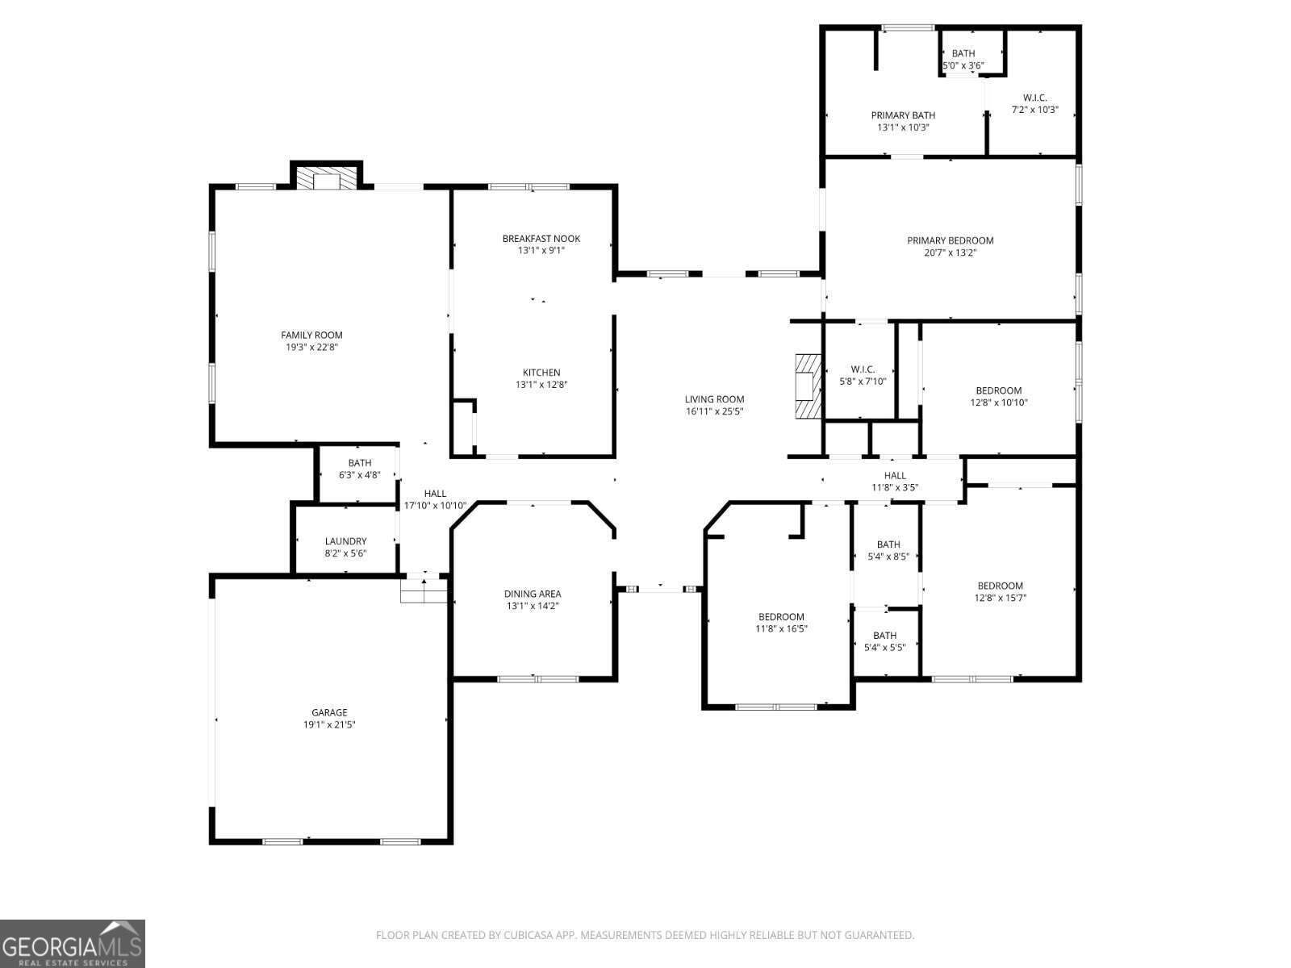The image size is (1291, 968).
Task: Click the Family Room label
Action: pyautogui.click(x=311, y=335)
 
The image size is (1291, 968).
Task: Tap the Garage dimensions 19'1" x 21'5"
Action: pyautogui.click(x=329, y=724)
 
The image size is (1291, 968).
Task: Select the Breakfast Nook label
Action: pyautogui.click(x=541, y=239)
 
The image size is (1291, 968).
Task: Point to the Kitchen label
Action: pyautogui.click(x=541, y=373)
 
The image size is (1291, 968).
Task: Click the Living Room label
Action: pyautogui.click(x=715, y=399)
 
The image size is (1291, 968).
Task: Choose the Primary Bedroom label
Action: pyautogui.click(x=950, y=240)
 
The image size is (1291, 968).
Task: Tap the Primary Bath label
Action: pyautogui.click(x=904, y=115)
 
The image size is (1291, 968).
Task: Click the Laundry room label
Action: pyautogui.click(x=346, y=541)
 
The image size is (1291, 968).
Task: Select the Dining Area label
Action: pyautogui.click(x=533, y=595)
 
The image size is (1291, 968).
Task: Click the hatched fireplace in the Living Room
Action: pyautogui.click(x=808, y=386)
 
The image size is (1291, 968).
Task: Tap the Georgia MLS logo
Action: pyautogui.click(x=73, y=944)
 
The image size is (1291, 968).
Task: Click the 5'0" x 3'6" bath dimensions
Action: pyautogui.click(x=963, y=65)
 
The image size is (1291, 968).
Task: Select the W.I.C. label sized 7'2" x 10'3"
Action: pyautogui.click(x=1035, y=98)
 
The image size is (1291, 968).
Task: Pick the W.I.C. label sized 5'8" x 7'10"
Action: pyautogui.click(x=863, y=369)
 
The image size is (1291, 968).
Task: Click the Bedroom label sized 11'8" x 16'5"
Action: pyautogui.click(x=781, y=616)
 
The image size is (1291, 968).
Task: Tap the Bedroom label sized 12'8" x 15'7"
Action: pyautogui.click(x=1001, y=586)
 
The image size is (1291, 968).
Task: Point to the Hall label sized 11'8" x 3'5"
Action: pyautogui.click(x=895, y=475)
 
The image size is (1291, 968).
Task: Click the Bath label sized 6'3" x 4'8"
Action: pyautogui.click(x=360, y=463)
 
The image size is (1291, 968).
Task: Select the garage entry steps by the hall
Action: pyautogui.click(x=424, y=590)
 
